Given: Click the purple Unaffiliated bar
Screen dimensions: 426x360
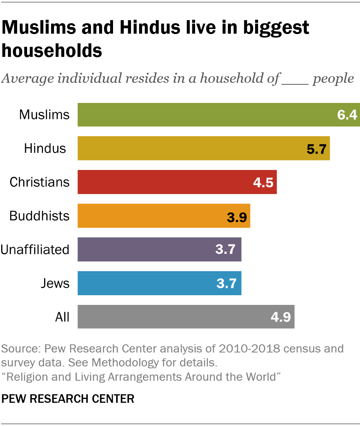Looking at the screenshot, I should pos(147,250).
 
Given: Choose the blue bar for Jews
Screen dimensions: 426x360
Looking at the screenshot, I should pos(147,283).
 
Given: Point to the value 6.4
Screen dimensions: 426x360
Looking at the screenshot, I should pos(346,115).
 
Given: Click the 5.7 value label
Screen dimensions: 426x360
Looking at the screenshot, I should pos(317,149).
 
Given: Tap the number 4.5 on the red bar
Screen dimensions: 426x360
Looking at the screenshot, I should pos(264,182).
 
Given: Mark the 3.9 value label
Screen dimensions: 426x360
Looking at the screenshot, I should pos(237,216).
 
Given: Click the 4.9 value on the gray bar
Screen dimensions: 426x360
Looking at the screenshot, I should pos(281,317).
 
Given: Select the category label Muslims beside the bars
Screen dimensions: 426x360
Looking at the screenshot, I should pos(45,115).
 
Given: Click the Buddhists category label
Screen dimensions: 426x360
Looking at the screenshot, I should pos(39,216).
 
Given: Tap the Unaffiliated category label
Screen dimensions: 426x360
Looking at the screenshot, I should pos(35,250).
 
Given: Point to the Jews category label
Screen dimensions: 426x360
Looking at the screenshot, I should pos(55,283).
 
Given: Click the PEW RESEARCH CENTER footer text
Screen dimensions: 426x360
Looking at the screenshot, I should pos(68,399).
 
